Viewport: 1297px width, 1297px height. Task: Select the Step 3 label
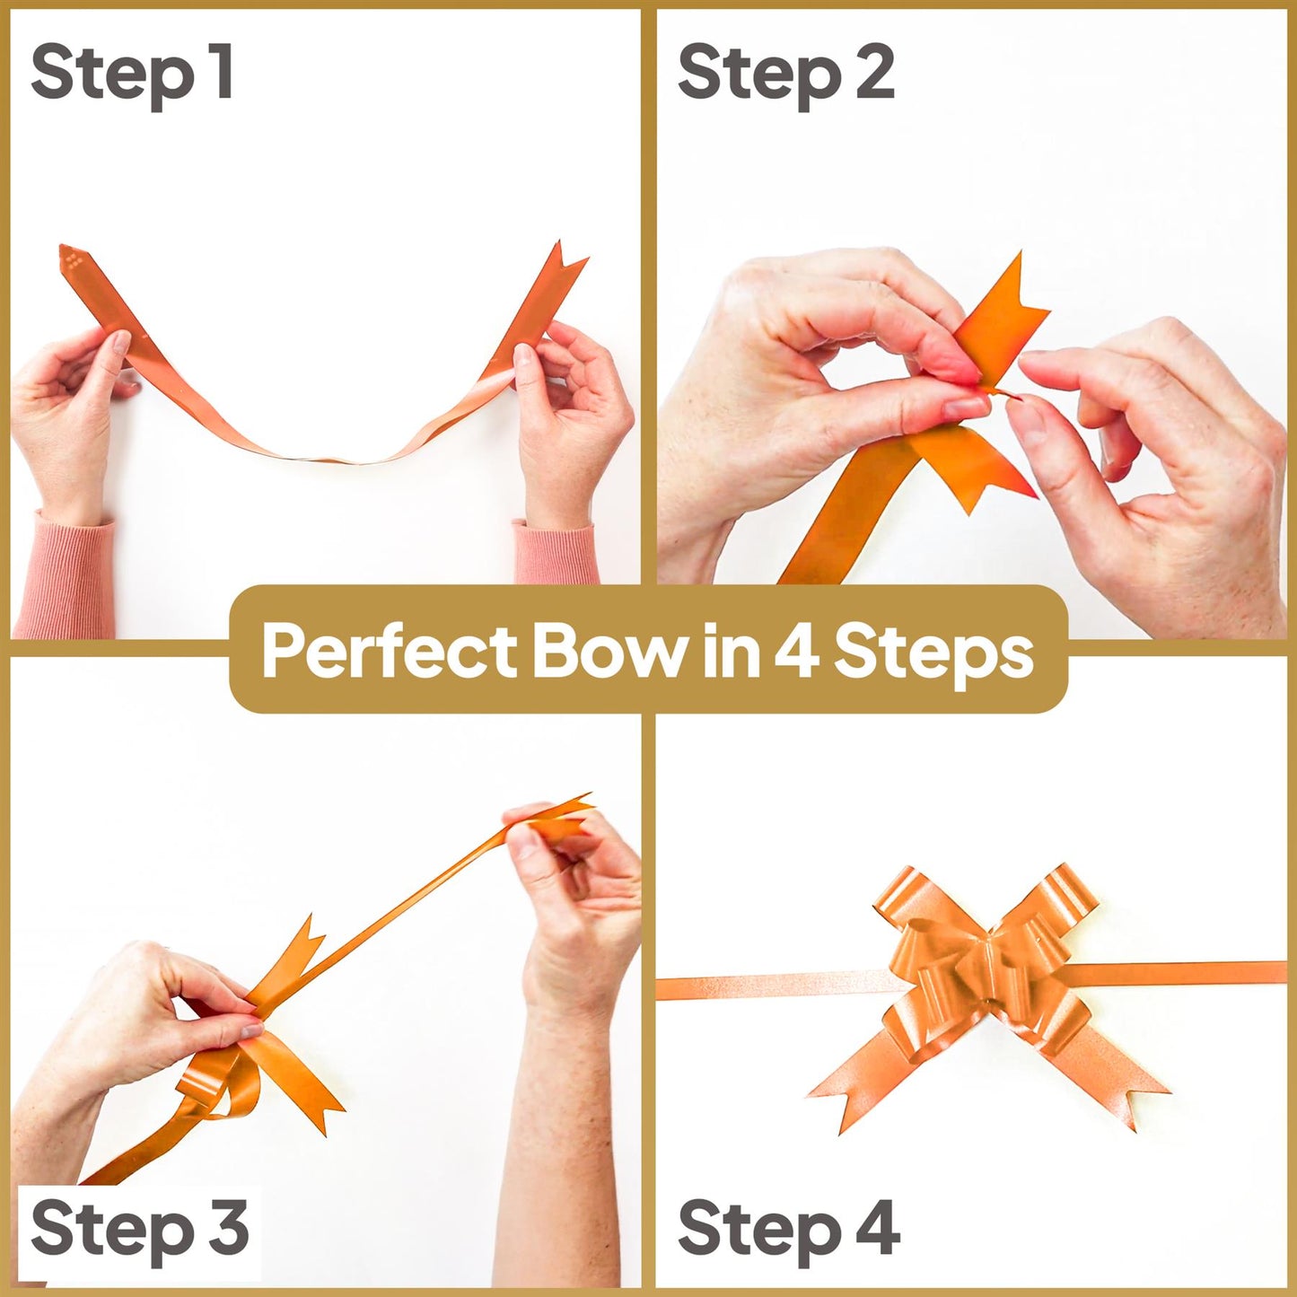tap(139, 1229)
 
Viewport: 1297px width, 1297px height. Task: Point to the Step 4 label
tap(788, 1229)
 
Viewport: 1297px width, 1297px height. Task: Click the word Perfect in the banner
tap(389, 652)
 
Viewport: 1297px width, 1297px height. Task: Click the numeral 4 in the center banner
tap(795, 652)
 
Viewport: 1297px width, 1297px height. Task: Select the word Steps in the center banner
tap(933, 652)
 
